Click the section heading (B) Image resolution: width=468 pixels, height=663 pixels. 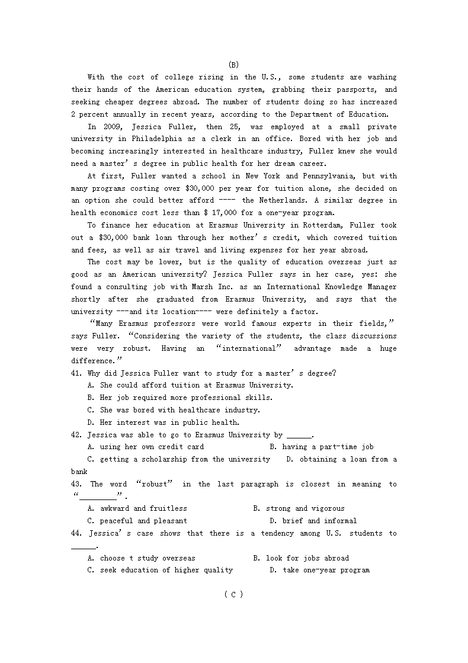[x=233, y=65]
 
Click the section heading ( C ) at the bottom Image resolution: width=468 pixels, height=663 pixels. [x=234, y=594]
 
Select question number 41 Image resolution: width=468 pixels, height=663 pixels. [x=76, y=373]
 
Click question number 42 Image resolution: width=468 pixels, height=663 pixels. [x=76, y=435]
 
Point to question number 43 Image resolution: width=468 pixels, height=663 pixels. [x=76, y=484]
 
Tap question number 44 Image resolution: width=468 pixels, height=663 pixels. [x=76, y=533]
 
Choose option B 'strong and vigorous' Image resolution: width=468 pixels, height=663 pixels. [x=299, y=508]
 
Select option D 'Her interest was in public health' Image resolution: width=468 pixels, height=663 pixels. [x=163, y=422]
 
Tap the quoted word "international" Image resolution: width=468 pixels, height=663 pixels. [x=249, y=348]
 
